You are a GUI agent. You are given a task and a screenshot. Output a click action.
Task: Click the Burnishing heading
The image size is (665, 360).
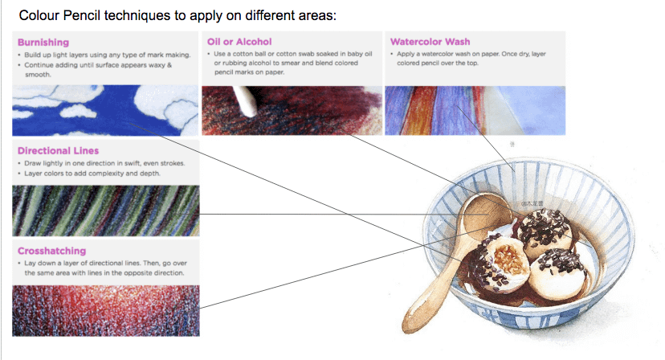pos(43,43)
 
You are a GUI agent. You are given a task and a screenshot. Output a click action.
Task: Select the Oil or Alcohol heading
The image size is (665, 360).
pos(239,42)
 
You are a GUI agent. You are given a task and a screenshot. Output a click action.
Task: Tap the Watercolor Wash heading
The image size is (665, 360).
pos(430,42)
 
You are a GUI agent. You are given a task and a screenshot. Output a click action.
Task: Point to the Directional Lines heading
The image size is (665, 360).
pos(58,151)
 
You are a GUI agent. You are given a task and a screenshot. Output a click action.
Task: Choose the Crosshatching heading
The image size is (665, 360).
pos(51,251)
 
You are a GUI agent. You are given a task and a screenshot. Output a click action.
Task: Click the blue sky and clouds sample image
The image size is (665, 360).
pos(105,110)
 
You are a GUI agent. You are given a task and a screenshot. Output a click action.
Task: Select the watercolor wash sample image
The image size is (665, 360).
pos(475,110)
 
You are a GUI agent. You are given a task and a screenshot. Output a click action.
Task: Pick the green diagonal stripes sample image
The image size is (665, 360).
pos(105,211)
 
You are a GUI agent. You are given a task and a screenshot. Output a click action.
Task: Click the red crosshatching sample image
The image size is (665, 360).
pos(105,311)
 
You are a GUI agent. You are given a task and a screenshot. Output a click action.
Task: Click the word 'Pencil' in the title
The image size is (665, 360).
pos(81,16)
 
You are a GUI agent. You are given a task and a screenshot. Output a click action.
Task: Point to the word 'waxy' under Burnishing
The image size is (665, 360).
pos(156,65)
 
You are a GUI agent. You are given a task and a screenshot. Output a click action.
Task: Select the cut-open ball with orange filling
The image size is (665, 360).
pos(503,264)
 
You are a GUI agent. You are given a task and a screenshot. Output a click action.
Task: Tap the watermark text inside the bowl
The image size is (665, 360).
pos(532,203)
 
